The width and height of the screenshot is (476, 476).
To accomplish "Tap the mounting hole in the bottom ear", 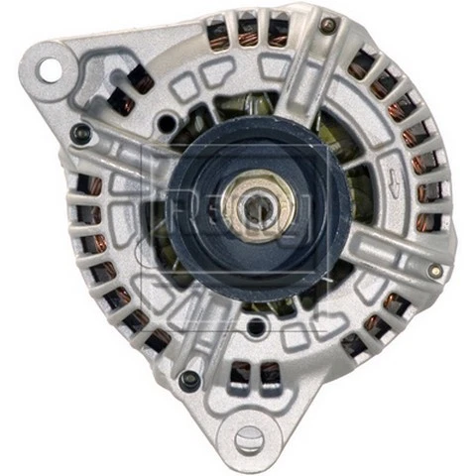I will tap(249, 436).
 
